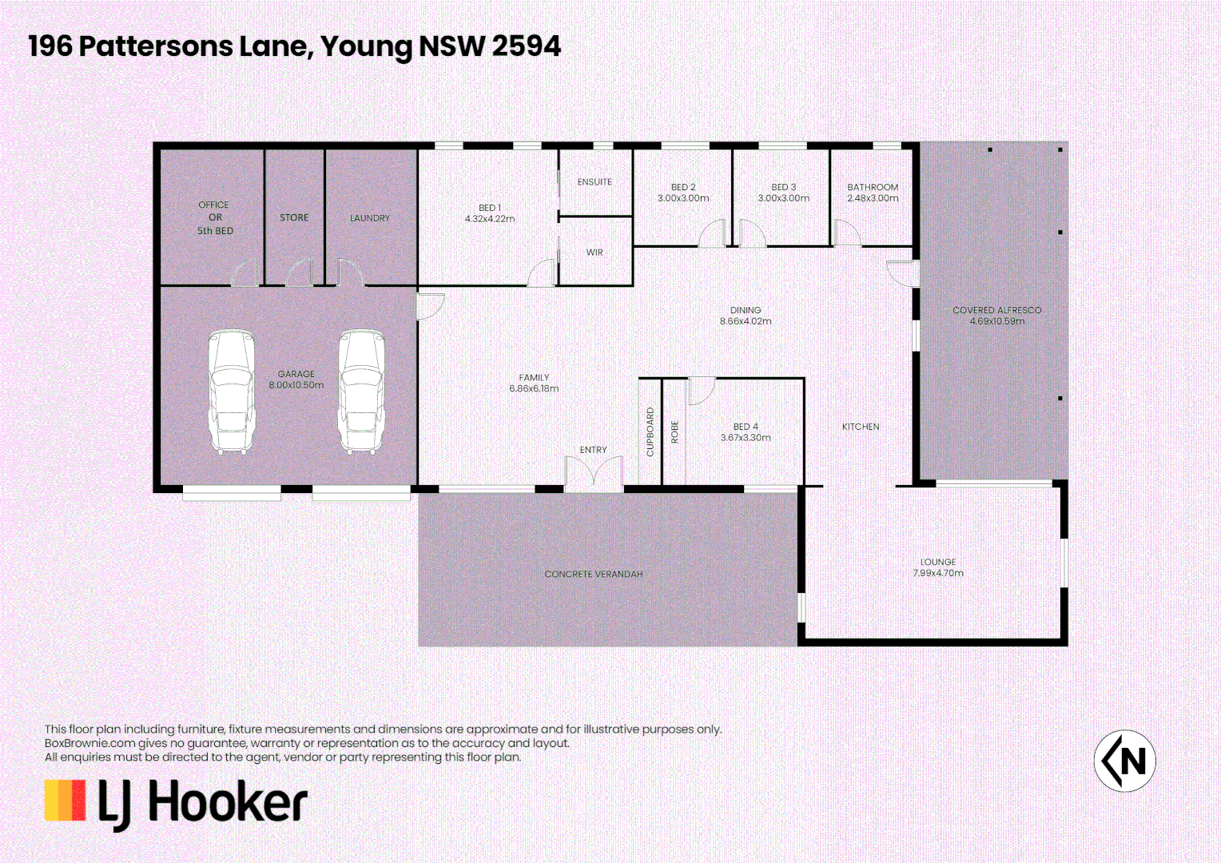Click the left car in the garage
tap(232, 392)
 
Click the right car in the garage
tap(362, 392)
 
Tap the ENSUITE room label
tap(595, 182)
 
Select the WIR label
tap(595, 253)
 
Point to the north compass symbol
tap(1124, 761)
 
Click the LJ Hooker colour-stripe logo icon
tap(65, 801)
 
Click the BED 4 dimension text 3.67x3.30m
tap(746, 438)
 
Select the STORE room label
tap(294, 217)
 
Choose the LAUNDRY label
tap(370, 218)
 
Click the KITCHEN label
tap(861, 427)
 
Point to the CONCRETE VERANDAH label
tap(594, 575)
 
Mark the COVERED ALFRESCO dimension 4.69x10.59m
tap(997, 321)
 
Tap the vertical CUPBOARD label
tap(650, 432)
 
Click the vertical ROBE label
tap(674, 432)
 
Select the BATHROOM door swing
tap(846, 233)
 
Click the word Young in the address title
tap(366, 46)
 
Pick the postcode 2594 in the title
tap(526, 46)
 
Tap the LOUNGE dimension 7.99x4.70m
tap(938, 573)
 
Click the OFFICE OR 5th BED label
tap(215, 217)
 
